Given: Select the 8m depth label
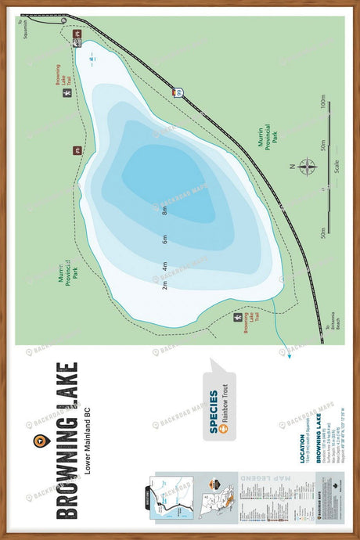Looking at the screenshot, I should [165, 211].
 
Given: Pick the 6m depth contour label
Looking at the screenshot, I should [165, 239].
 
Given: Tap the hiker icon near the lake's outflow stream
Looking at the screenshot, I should [238, 319].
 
